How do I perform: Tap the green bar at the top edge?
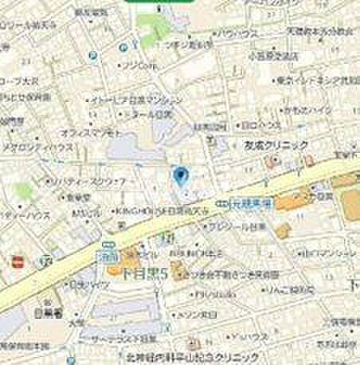pyautogui.click(x=159, y=2)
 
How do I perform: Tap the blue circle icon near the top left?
pyautogui.click(x=93, y=56)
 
